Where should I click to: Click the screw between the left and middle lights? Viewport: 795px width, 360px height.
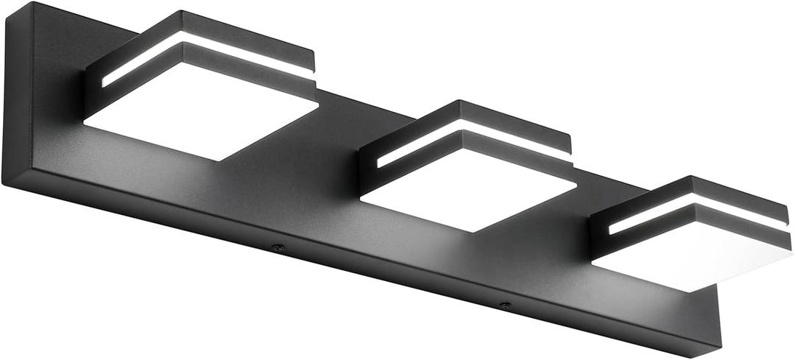coord(278,248)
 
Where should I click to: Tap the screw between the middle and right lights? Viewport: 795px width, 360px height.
coord(504,304)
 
